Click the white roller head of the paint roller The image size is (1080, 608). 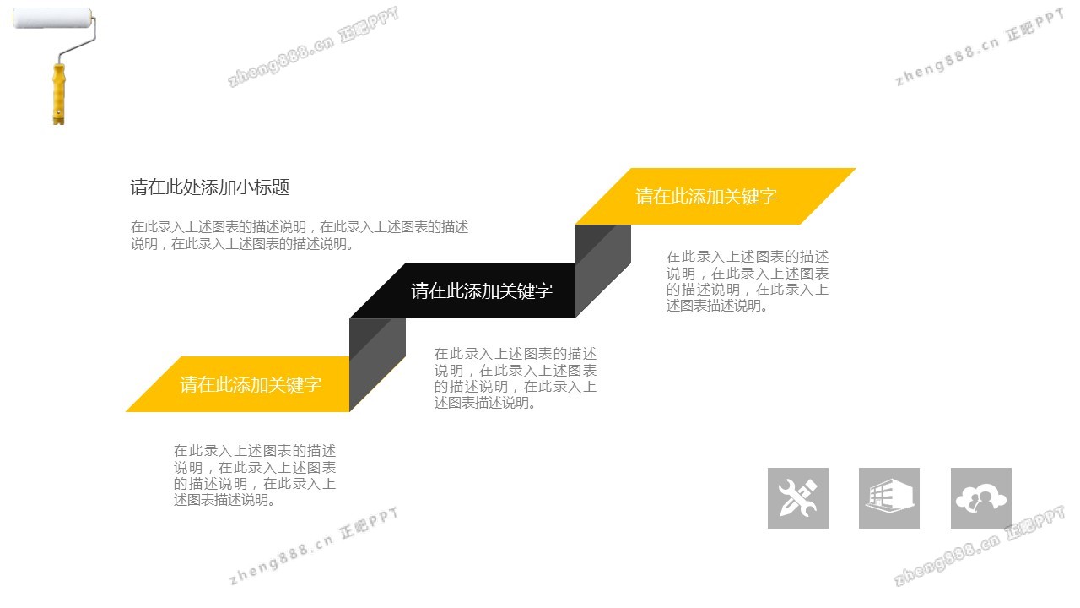tap(52, 18)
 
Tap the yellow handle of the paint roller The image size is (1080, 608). tap(59, 94)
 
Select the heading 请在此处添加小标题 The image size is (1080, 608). tap(210, 187)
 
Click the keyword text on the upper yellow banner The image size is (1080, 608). tap(706, 197)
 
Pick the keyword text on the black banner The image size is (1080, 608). tap(482, 291)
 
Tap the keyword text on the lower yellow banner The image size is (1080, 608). tap(251, 384)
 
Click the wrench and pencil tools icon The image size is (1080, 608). tap(798, 498)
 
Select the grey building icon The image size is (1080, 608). tap(889, 498)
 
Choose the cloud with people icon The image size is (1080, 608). tap(981, 498)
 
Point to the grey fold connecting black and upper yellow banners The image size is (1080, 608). tap(602, 271)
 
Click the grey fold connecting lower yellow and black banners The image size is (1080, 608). tap(377, 365)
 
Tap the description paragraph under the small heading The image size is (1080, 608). tap(300, 236)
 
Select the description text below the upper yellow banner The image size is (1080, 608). tap(748, 281)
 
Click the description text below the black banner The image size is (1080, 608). tap(516, 378)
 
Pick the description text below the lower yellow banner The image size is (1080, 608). tap(255, 475)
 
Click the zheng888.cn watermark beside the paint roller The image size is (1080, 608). tap(313, 46)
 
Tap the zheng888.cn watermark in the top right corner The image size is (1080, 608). tap(980, 47)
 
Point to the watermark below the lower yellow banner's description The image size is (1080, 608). tap(314, 546)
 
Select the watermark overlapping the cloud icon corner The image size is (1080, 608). tap(980, 546)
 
